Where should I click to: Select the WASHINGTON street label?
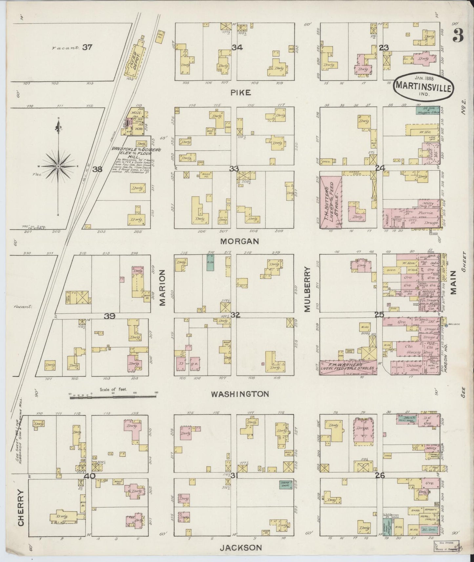(240, 394)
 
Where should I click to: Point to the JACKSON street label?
(241, 548)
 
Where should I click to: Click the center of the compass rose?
(58, 167)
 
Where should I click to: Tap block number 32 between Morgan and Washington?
(235, 315)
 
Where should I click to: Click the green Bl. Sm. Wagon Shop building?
(427, 110)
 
